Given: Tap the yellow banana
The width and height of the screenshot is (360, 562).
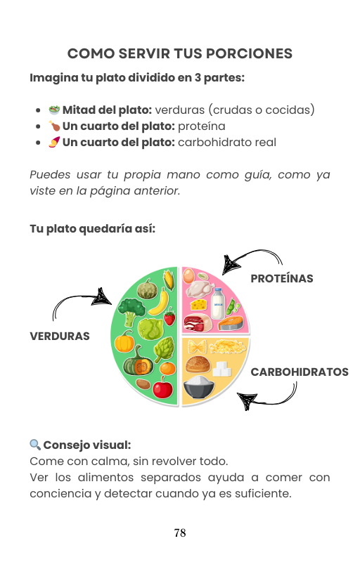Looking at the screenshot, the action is click(x=160, y=303).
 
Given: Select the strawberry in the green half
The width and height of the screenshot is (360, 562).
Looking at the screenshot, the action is click(x=169, y=317).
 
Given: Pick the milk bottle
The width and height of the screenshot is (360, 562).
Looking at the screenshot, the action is click(x=218, y=303).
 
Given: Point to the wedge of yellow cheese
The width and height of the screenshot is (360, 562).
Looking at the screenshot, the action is click(x=200, y=304).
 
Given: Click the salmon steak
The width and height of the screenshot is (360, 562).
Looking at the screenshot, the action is click(x=230, y=323).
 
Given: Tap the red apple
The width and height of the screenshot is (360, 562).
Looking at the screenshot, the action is click(x=163, y=388).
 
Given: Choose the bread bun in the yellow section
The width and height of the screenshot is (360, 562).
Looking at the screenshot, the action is click(x=198, y=364).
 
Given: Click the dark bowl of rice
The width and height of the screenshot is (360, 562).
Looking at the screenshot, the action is click(x=199, y=386).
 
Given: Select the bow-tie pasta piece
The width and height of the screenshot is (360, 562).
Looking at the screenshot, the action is click(x=197, y=347).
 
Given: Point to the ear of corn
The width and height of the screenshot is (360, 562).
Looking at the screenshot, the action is click(x=169, y=280).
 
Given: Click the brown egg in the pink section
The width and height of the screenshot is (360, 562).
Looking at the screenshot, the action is click(x=188, y=276).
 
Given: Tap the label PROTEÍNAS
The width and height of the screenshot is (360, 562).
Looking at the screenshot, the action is click(x=282, y=278).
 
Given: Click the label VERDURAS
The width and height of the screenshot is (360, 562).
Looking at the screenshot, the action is click(x=60, y=336).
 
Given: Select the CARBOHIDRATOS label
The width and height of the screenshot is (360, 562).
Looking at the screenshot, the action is click(x=300, y=372).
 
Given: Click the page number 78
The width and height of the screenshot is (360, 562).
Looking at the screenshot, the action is click(x=180, y=533).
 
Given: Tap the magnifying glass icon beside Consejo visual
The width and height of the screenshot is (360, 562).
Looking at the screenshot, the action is click(x=35, y=445).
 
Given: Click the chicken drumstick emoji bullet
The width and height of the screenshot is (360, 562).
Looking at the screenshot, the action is click(x=54, y=126).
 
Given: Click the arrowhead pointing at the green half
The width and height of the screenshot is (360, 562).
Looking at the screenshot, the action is click(x=101, y=297).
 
